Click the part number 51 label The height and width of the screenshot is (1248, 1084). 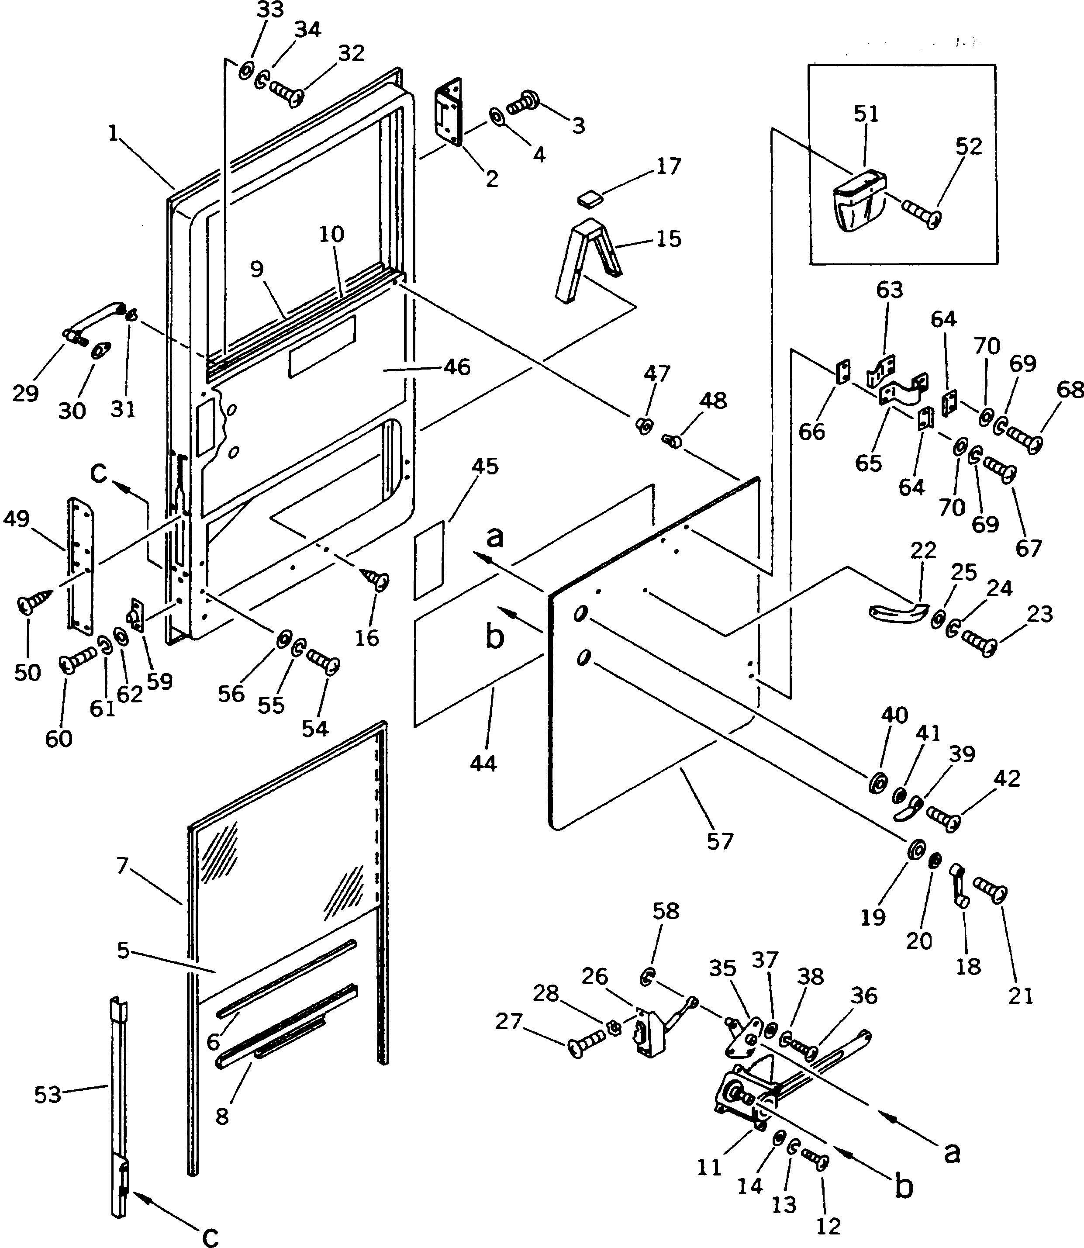866,114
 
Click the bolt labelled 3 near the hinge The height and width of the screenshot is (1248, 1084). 524,103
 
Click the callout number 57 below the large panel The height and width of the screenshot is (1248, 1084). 720,841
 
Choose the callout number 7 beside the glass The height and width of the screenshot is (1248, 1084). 123,866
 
